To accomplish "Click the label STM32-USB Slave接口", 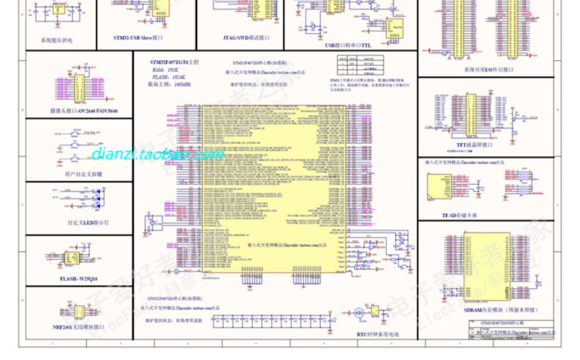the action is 138,38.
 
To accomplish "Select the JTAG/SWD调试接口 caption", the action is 246,38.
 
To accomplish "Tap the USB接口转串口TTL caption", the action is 348,45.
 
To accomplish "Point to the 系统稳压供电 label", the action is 56,40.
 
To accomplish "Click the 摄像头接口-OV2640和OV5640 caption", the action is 84,111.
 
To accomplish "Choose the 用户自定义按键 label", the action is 84,174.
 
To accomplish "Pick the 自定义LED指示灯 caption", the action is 88,223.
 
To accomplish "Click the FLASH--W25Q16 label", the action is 78,279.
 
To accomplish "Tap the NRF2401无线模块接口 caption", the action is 78,327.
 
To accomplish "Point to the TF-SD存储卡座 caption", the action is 459,215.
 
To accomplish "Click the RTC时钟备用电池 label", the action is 377,334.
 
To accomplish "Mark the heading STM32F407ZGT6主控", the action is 174,62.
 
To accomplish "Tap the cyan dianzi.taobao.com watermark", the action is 157,154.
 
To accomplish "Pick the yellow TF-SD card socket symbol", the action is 439,187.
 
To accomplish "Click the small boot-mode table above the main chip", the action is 360,65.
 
